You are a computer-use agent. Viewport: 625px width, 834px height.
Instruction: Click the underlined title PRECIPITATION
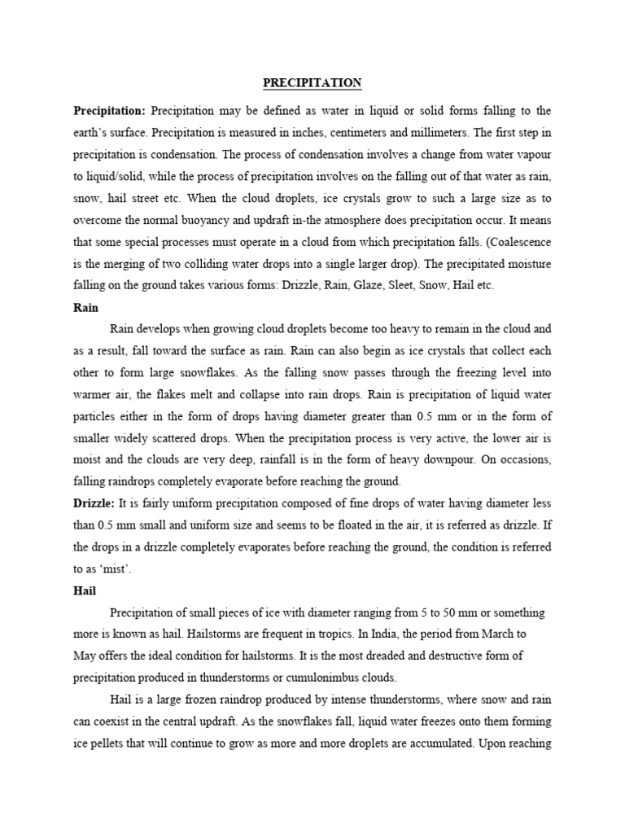[312, 83]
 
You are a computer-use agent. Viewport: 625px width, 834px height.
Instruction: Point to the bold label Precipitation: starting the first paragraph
[110, 110]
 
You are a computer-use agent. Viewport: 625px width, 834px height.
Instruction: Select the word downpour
[456, 459]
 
